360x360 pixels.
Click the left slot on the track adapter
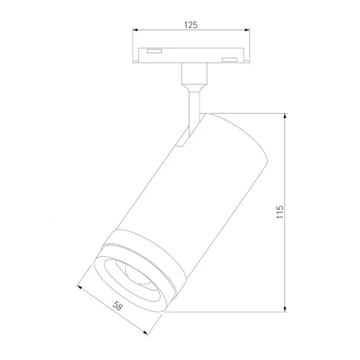153,52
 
